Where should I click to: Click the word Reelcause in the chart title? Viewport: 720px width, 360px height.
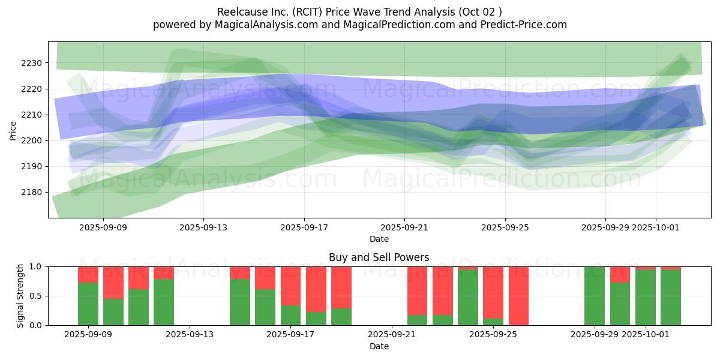coord(239,11)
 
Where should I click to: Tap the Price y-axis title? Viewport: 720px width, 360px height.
coord(13,131)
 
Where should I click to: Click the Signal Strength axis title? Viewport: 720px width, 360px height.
coord(20,296)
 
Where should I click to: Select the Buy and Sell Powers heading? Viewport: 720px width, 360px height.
coord(379,257)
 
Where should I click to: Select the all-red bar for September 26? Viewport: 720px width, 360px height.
coord(518,296)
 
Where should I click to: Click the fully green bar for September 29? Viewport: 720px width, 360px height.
coord(595,296)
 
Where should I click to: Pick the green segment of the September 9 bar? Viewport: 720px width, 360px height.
coord(88,304)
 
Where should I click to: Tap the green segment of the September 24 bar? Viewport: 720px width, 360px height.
coord(468,298)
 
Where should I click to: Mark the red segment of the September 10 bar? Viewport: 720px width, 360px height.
coord(113,282)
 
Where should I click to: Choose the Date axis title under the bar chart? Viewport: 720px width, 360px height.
coord(379,346)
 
